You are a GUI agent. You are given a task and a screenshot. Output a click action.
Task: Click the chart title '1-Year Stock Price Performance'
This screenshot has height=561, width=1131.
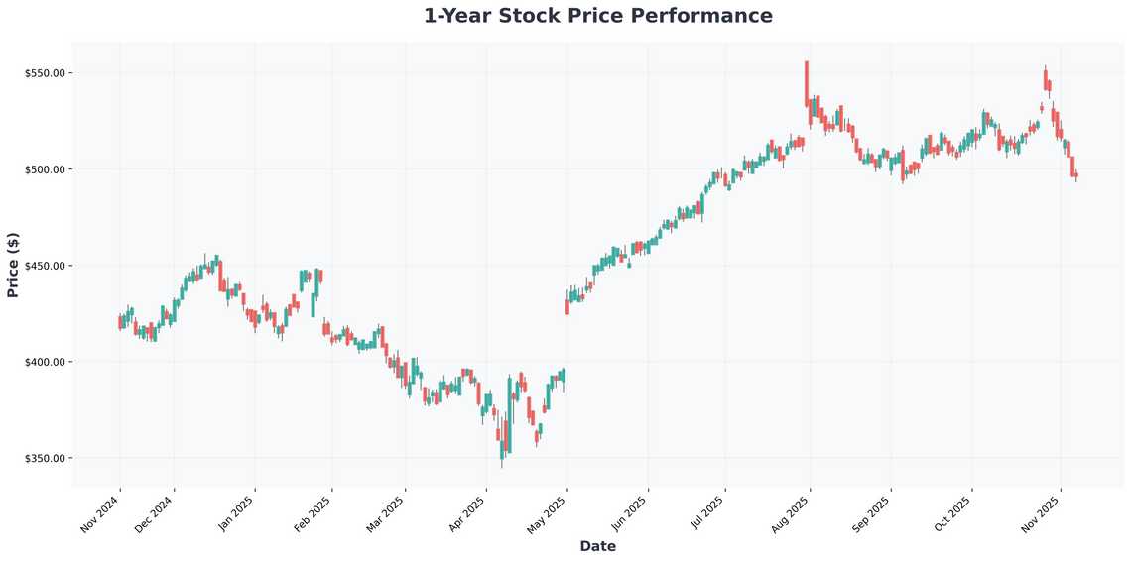(x=597, y=16)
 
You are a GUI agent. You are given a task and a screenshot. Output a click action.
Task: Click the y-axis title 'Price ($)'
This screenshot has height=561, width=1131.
(x=13, y=265)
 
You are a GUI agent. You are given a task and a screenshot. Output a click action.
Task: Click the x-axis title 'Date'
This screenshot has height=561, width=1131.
(x=597, y=546)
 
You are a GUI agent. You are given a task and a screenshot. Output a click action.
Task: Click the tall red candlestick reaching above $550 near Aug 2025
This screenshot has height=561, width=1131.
(x=807, y=84)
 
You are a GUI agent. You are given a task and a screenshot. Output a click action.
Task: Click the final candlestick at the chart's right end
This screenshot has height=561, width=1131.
(x=1076, y=175)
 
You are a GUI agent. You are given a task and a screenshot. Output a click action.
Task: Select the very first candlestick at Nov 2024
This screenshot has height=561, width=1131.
(x=119, y=322)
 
